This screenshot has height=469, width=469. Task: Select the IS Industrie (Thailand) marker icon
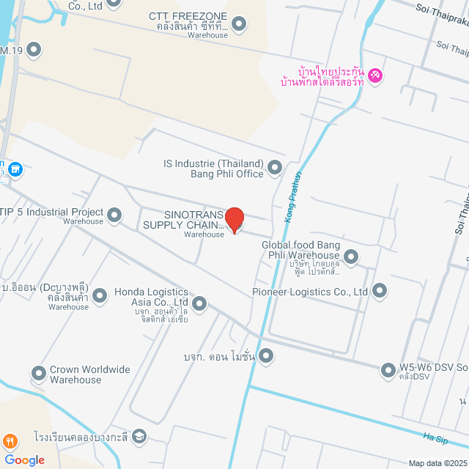(x=275, y=168)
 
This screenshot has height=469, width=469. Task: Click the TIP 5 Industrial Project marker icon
(x=114, y=215)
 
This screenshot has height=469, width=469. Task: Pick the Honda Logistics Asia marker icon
(x=198, y=303)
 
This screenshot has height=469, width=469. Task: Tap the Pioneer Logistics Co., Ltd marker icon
(x=379, y=291)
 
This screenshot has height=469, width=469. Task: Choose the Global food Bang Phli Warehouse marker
(x=351, y=256)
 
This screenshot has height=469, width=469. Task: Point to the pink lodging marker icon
(x=375, y=75)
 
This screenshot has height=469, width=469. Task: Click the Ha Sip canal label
(x=435, y=437)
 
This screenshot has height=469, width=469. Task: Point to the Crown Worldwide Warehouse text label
(x=89, y=374)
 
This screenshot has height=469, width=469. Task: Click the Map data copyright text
(x=437, y=463)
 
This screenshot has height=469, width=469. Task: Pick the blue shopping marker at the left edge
(x=16, y=170)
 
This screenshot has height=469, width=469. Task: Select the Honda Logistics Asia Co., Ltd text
(x=152, y=297)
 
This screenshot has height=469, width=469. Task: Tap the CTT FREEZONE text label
(x=188, y=16)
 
